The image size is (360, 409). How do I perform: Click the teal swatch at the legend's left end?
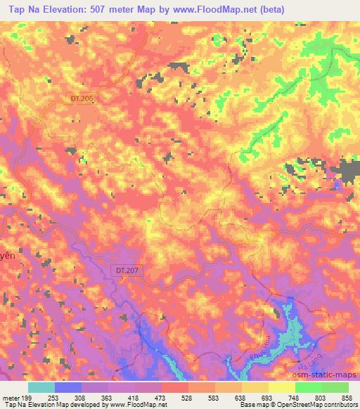[x=41, y=387]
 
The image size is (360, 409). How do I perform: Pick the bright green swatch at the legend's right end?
[x=335, y=387]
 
